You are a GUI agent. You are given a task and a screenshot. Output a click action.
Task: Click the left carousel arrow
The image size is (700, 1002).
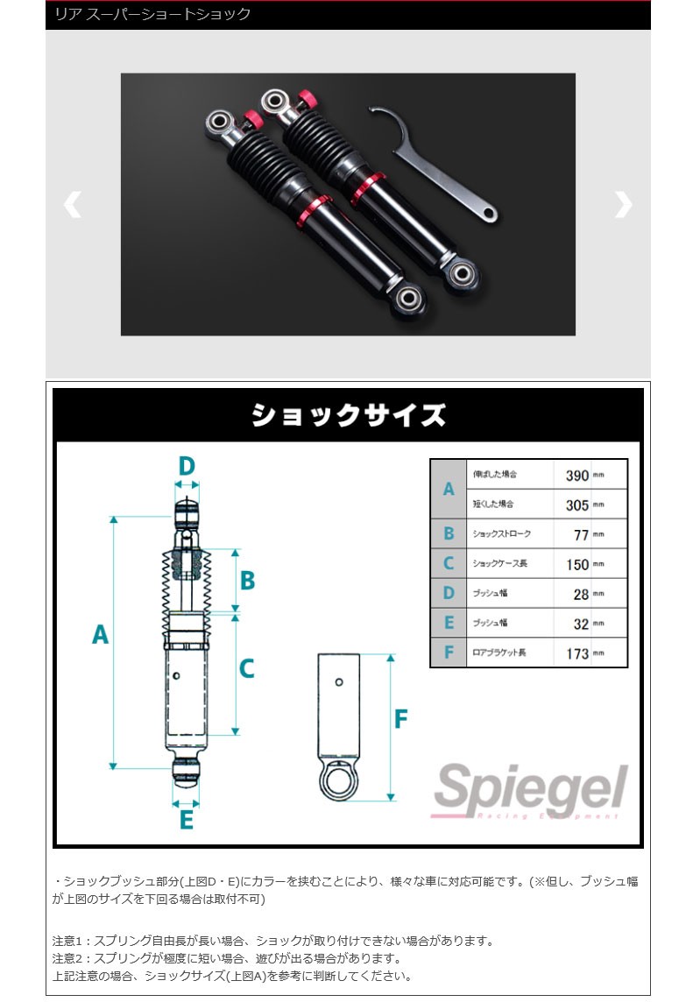pos(72,205)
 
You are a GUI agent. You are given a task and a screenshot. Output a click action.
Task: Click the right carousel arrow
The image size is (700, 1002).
pos(623,205)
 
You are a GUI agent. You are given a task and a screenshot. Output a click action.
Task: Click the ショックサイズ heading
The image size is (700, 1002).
pos(349,414)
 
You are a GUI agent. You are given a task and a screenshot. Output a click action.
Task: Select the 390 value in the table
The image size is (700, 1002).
pos(577,476)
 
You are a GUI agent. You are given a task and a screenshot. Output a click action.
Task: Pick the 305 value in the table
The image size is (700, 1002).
pos(577,505)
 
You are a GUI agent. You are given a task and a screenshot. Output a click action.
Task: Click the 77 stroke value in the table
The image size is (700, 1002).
pos(581,534)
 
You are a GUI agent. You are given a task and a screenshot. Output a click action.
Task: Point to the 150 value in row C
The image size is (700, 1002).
pos(577,565)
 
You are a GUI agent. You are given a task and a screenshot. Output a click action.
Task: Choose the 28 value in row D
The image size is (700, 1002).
pos(581,594)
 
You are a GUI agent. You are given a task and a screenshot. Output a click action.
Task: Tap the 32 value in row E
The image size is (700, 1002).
pos(581,624)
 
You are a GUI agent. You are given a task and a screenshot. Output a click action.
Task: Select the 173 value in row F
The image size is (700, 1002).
pos(577,653)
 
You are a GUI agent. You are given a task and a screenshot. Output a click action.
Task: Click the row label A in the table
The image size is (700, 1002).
pos(449,490)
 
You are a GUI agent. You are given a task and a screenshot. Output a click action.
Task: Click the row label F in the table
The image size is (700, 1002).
pos(449,653)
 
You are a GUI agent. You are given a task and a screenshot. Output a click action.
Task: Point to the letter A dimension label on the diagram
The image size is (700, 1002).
pos(100,634)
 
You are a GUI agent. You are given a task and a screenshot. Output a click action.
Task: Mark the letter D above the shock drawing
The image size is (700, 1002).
pos(186,467)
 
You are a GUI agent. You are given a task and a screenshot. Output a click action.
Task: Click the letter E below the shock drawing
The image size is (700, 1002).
pos(186,821)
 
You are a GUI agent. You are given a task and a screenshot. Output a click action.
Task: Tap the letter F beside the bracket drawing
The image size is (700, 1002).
pos(400,720)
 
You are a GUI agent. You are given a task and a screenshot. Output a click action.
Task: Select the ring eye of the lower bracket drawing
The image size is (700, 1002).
pos(339,778)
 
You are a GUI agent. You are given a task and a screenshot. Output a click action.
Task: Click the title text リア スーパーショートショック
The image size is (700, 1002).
pos(153,14)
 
